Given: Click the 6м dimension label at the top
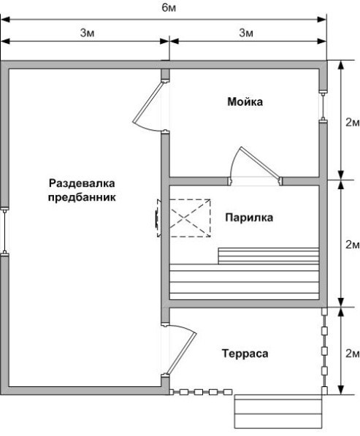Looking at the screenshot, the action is [x=169, y=8].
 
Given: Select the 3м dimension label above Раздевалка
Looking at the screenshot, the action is [x=88, y=33].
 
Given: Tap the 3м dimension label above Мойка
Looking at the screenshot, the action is [x=246, y=33].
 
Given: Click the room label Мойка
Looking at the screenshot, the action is [x=245, y=102].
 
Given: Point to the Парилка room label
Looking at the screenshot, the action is [x=249, y=218].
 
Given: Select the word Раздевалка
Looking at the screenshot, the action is [x=82, y=183].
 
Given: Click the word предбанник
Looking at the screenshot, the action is [x=82, y=198].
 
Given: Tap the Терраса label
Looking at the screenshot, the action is [x=245, y=353].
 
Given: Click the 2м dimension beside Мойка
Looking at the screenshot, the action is [x=353, y=123].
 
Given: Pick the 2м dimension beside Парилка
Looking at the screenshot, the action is [x=353, y=245].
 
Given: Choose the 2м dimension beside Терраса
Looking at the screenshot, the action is [x=353, y=353].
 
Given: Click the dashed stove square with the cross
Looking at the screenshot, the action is [x=190, y=218].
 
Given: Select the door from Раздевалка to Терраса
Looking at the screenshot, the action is [x=180, y=350].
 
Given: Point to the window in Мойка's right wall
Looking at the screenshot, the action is [x=323, y=106].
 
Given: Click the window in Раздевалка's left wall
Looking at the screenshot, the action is [x=4, y=231].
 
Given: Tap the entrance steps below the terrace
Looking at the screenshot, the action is [x=278, y=411].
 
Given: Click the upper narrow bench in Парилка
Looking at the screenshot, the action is [x=269, y=256].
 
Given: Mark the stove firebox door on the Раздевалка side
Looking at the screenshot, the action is [x=158, y=218].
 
